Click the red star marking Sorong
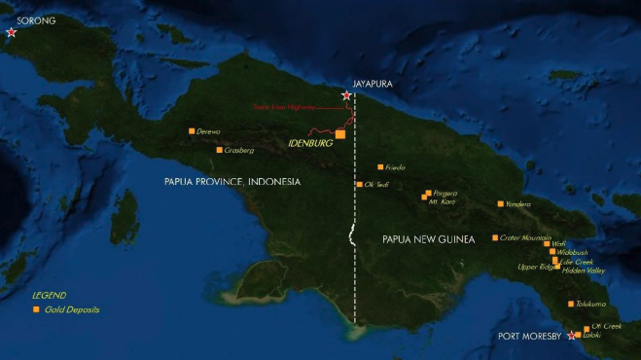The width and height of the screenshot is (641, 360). [12, 32]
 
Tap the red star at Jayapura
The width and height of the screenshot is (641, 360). [346, 95]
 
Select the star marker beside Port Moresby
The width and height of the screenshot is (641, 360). [571, 336]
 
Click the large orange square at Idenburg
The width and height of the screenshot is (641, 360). [339, 134]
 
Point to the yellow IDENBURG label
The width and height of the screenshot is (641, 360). [311, 144]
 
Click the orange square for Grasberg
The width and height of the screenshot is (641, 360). [219, 150]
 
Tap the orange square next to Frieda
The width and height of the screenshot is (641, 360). [380, 166]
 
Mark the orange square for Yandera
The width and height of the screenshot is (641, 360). [500, 204]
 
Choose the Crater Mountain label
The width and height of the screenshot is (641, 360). [525, 237]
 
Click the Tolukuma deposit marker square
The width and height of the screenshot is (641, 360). [571, 304]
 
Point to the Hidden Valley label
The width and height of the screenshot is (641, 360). [584, 270]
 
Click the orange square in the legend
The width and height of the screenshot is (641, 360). [36, 309]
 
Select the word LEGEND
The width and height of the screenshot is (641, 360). [49, 295]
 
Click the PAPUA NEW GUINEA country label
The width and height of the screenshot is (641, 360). [427, 238]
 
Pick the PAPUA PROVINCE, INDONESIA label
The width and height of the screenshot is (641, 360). [231, 182]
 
